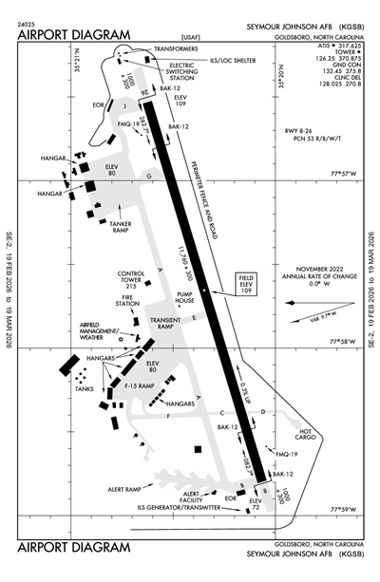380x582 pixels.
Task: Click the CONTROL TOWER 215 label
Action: click(x=131, y=280)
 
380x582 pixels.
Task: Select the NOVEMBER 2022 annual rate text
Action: click(x=312, y=276)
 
